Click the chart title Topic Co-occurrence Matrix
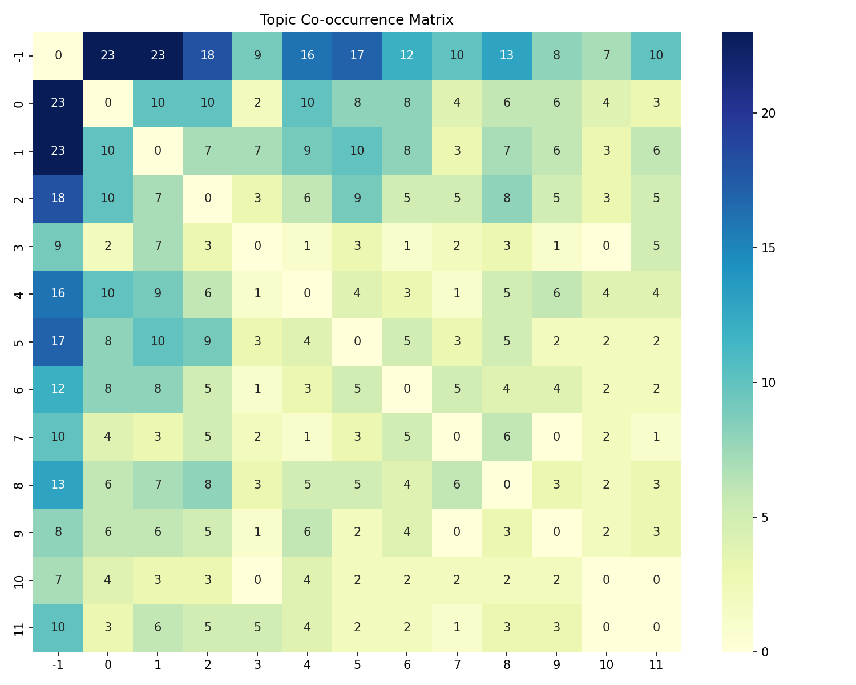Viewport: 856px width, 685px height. tap(357, 20)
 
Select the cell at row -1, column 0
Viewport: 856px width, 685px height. tap(108, 55)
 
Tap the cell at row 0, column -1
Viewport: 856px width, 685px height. tap(58, 103)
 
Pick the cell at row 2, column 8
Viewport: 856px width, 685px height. tap(507, 199)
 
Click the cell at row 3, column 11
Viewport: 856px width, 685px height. tap(656, 246)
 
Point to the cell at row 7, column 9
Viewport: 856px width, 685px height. tap(556, 437)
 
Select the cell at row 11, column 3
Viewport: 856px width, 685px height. tap(257, 627)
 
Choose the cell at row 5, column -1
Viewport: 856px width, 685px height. tap(58, 341)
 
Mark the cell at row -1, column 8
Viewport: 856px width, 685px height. tap(507, 55)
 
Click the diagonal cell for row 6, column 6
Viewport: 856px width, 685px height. tap(407, 389)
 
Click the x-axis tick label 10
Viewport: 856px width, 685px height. tap(606, 664)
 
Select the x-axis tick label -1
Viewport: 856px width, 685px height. tap(58, 664)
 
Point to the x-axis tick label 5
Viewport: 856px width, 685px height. tap(357, 664)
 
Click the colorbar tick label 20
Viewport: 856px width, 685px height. tap(767, 114)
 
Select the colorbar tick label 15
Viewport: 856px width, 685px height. tap(767, 248)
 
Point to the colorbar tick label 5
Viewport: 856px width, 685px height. tap(764, 517)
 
